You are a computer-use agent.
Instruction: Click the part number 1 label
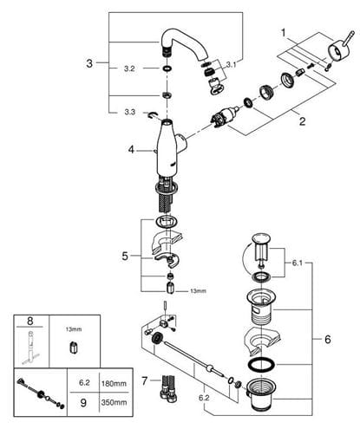284,33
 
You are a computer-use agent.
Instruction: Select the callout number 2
302,120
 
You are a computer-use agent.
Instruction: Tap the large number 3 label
89,63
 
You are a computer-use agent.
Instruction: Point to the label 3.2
129,68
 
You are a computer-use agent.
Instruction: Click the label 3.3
130,112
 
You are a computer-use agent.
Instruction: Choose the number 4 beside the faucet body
132,150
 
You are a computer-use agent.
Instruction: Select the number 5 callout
125,256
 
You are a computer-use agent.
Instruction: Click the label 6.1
297,263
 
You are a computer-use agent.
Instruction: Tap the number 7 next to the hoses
145,381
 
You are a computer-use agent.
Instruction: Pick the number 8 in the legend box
29,321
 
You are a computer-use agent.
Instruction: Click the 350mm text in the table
114,402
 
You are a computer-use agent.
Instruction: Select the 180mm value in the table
114,384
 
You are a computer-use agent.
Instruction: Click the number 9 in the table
83,403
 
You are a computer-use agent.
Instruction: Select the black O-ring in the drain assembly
262,365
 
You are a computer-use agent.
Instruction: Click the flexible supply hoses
167,388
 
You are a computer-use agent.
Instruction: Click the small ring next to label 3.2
167,68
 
